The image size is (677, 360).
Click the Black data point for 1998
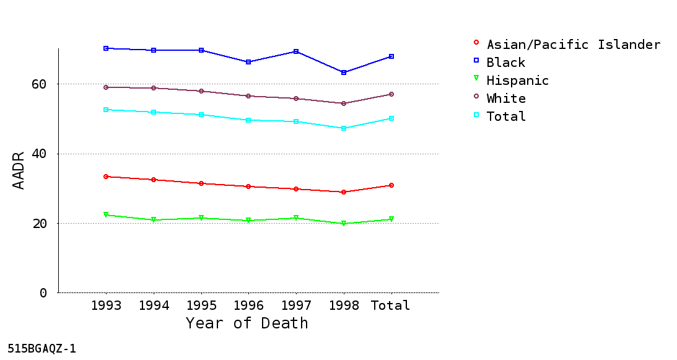tap(344, 72)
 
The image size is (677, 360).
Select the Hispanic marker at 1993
tap(106, 215)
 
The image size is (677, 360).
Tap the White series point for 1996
tap(248, 96)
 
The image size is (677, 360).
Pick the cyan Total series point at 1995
tap(201, 115)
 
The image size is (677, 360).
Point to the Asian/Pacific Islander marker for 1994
tap(154, 180)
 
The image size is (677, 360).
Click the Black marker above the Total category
tap(391, 56)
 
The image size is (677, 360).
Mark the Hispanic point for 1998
tap(344, 224)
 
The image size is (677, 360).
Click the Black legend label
tap(506, 63)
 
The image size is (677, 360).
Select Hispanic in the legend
tap(518, 81)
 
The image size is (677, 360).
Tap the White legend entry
tap(506, 99)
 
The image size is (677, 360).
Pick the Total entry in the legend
tap(506, 116)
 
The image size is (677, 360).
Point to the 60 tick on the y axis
tap(39, 84)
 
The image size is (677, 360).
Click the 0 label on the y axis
tap(43, 293)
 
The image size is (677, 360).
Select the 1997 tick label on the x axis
tap(296, 305)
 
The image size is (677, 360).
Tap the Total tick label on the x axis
tap(390, 305)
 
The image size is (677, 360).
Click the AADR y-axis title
tap(18, 171)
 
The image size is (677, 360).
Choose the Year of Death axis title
tap(247, 323)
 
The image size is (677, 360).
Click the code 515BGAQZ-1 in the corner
tap(42, 348)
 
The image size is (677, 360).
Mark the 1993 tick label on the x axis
tap(106, 305)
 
